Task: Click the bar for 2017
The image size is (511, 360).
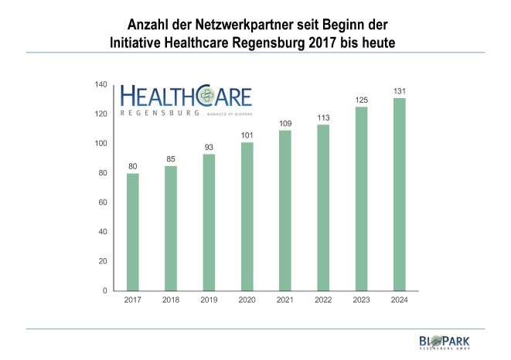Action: click(133, 232)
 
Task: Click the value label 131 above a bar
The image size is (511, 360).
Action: click(399, 91)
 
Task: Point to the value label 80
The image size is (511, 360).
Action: click(133, 166)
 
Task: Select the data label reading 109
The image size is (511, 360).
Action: click(285, 124)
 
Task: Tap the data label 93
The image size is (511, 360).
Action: click(209, 148)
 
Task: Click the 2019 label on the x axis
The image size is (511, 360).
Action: click(209, 300)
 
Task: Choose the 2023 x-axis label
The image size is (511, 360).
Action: click(361, 300)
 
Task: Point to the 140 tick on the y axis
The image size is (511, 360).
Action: click(101, 84)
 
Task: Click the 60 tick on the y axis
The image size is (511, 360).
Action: click(104, 202)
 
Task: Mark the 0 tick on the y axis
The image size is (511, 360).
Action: click(106, 290)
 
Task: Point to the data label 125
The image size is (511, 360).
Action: click(361, 100)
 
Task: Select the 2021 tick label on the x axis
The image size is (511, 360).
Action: click(285, 300)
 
